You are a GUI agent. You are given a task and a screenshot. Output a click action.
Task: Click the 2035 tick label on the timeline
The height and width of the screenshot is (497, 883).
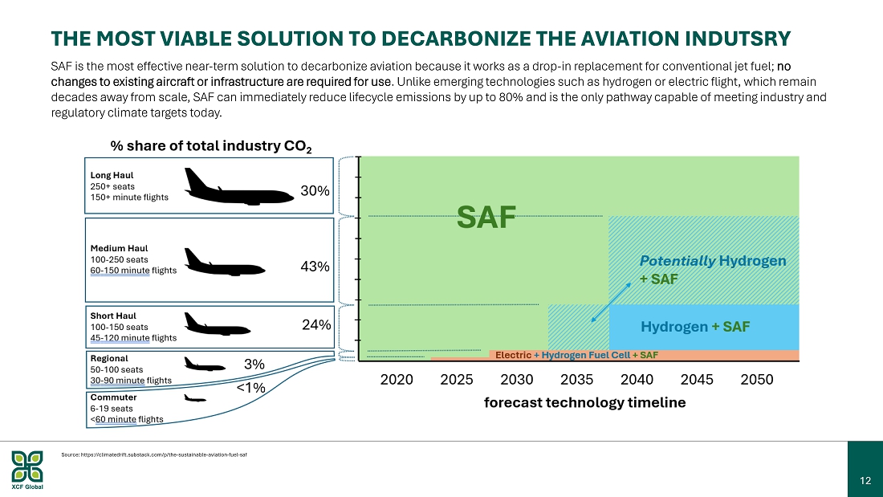click(x=576, y=379)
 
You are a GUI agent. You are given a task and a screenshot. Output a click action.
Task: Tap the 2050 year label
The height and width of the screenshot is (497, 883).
click(x=757, y=379)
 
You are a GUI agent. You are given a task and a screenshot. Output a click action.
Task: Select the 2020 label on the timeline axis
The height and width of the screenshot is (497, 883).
click(x=397, y=379)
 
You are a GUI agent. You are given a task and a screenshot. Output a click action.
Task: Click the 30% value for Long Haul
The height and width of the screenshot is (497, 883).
click(x=315, y=191)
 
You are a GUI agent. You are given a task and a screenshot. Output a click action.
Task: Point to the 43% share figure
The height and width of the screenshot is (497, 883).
click(x=315, y=267)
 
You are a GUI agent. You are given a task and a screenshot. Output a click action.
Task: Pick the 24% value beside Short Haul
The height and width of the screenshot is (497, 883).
click(x=316, y=324)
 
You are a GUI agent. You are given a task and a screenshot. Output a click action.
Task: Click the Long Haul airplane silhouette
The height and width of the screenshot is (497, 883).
click(x=238, y=186)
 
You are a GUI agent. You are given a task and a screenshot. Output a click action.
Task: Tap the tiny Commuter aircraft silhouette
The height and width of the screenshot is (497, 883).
click(x=195, y=398)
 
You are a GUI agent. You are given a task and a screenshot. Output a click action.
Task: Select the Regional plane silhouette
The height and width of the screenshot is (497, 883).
click(x=205, y=364)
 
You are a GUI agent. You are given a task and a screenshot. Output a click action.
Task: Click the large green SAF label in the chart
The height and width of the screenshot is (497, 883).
click(x=486, y=217)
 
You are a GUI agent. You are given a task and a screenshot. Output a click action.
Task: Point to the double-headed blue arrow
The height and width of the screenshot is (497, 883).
click(x=611, y=302)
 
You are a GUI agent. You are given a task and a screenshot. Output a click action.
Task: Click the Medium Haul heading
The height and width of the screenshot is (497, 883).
click(x=119, y=249)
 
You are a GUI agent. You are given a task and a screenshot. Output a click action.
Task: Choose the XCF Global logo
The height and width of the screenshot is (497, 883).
click(x=27, y=470)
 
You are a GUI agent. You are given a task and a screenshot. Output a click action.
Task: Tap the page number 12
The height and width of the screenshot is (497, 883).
click(x=865, y=481)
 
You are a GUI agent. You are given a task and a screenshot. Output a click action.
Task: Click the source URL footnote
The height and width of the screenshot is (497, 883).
click(x=154, y=454)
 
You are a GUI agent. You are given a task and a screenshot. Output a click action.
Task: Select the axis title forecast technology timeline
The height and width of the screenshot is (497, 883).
click(x=584, y=402)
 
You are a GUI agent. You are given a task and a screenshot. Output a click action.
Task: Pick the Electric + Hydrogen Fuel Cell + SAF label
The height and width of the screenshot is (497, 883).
click(x=576, y=355)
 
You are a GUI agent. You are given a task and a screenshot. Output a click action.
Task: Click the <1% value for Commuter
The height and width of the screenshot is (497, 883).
click(x=250, y=388)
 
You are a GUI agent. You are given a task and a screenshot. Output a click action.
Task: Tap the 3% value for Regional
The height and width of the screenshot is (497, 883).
click(x=254, y=365)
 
